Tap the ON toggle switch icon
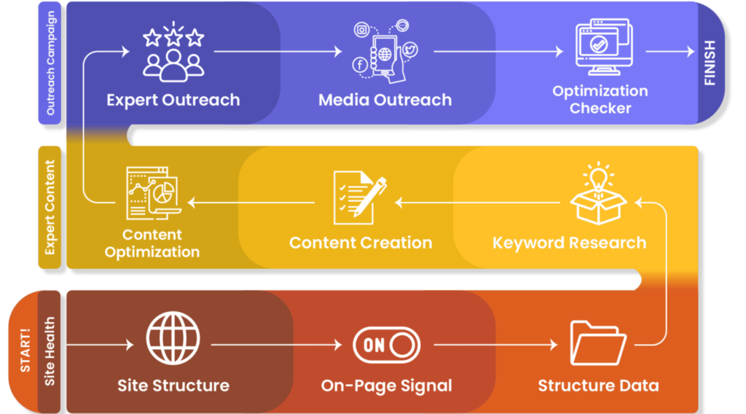(386, 345)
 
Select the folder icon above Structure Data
(598, 342)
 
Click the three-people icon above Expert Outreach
(173, 54)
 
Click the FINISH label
(710, 63)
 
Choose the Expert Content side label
(50, 207)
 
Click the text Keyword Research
(569, 243)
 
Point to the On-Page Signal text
(386, 386)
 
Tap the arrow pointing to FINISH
(670, 52)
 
